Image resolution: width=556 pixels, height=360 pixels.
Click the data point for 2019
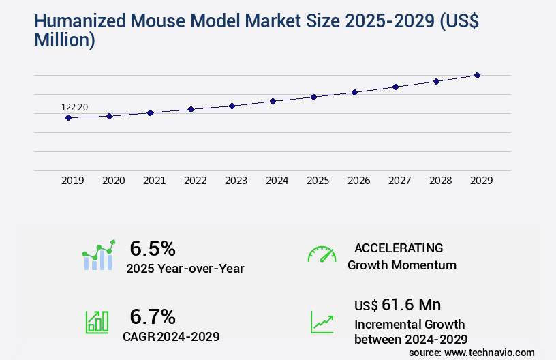68,117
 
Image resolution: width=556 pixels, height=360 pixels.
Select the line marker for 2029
477,75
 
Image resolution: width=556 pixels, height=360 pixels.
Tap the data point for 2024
273,101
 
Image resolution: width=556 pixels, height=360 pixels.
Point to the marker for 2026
354,92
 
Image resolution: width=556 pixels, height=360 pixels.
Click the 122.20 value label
74,107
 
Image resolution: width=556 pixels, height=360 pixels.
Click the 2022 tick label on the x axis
195,181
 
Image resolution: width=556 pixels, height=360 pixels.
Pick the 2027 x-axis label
399,181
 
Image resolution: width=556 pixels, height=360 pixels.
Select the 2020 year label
113,181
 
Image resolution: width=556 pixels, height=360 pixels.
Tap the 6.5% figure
153,247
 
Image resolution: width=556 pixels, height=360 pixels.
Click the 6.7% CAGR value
153,316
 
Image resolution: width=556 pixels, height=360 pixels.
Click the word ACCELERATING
399,247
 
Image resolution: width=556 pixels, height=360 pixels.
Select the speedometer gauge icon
322,254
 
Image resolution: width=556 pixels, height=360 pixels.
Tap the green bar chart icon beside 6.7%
97,322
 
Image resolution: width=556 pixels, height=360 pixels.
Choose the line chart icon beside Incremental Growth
322,322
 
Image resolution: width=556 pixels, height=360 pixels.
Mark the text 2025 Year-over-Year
185,269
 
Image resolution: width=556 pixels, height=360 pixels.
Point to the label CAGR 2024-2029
171,336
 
